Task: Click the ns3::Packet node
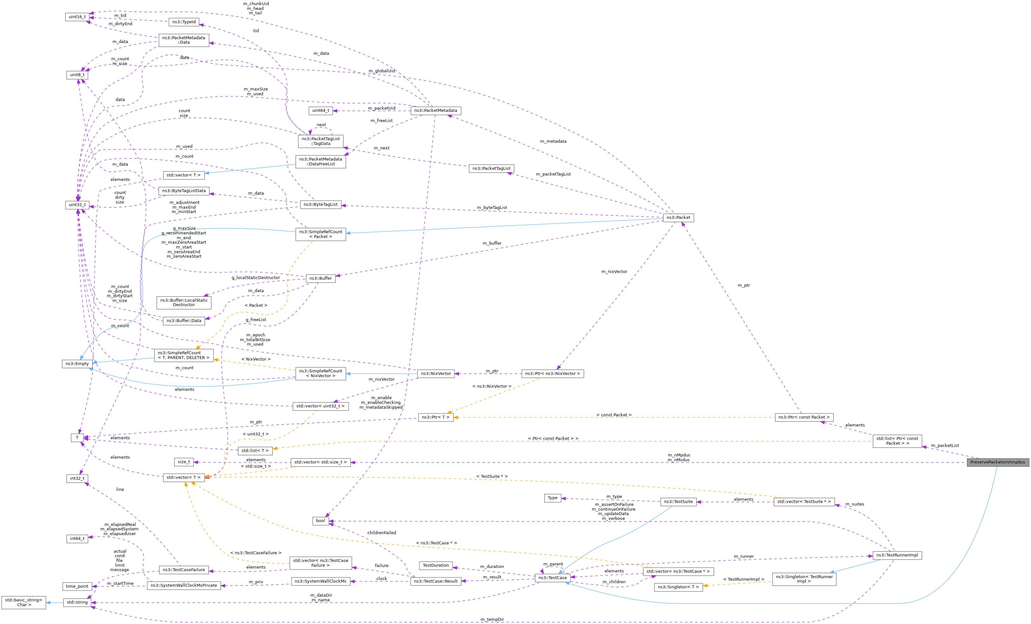coord(678,218)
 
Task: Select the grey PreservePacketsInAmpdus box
coord(997,462)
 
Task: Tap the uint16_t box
coord(77,17)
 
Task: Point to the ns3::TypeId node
coord(184,22)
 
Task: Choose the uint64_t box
coord(321,111)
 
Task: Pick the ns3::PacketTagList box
coord(491,169)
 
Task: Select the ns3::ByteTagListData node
coord(184,191)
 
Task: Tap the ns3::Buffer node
coord(321,278)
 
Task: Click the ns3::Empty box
coord(77,364)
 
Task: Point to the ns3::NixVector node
coord(436,374)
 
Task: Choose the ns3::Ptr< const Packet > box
coord(803,417)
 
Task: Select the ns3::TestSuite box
coord(678,501)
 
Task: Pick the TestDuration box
coord(436,565)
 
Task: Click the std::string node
coord(77,602)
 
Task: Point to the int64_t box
coord(77,539)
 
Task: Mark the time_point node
coord(77,586)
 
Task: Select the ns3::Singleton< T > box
coord(678,587)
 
